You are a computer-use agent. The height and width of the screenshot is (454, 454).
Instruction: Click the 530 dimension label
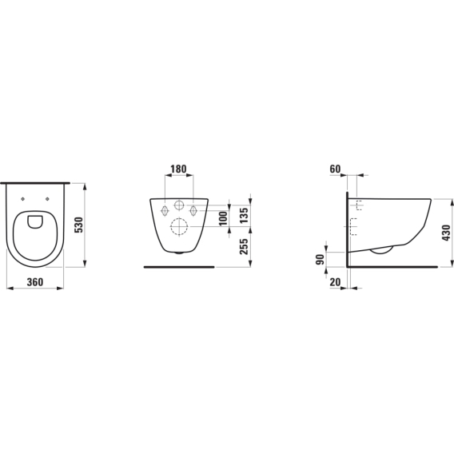point(79,225)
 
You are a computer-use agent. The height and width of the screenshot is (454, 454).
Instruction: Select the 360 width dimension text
point(35,281)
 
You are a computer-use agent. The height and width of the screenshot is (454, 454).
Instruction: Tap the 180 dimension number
point(178,169)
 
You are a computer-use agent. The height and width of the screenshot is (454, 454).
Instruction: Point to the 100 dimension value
point(223,218)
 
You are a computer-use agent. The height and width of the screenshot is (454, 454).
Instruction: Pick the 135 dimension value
point(244,215)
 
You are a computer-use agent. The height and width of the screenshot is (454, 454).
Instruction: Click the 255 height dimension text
point(244,246)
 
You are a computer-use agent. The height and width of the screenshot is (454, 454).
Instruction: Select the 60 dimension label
point(335,169)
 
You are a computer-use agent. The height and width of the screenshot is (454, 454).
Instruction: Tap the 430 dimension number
point(446,233)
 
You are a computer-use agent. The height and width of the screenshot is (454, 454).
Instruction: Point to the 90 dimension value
point(321,259)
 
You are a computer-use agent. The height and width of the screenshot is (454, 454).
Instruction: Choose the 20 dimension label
point(335,281)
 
